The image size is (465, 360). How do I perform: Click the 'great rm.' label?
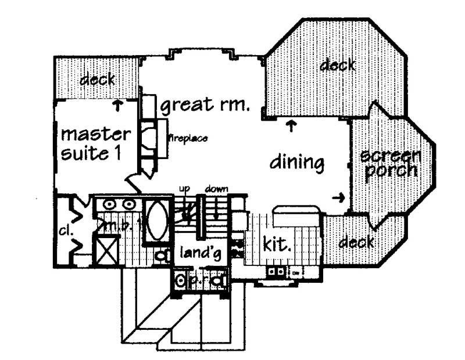click(x=205, y=106)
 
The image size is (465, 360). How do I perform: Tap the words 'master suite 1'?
click(x=95, y=144)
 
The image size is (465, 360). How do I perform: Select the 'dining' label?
click(x=296, y=162)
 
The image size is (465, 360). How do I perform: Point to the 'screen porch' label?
click(x=389, y=164)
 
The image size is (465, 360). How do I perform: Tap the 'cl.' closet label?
click(x=64, y=231)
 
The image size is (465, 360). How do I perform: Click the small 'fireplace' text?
click(x=187, y=138)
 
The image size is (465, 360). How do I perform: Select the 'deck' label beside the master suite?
click(x=97, y=79)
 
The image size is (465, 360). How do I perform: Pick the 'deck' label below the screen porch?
click(x=356, y=241)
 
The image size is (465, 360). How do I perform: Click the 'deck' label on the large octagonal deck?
click(x=337, y=64)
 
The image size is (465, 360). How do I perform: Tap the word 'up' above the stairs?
click(x=185, y=189)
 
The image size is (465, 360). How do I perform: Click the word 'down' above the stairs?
click(x=216, y=189)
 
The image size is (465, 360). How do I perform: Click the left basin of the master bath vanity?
click(x=109, y=204)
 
